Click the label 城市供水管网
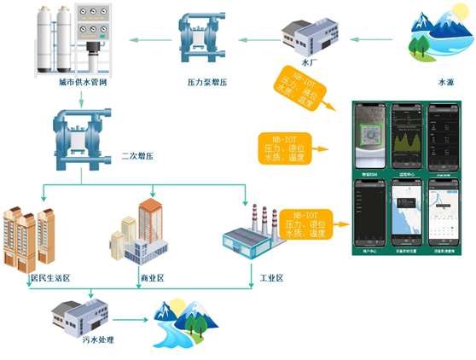pos(67,83)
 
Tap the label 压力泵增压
pos(206,82)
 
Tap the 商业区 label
pos(151,278)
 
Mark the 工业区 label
pos(270,278)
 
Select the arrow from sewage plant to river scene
pos(131,322)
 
